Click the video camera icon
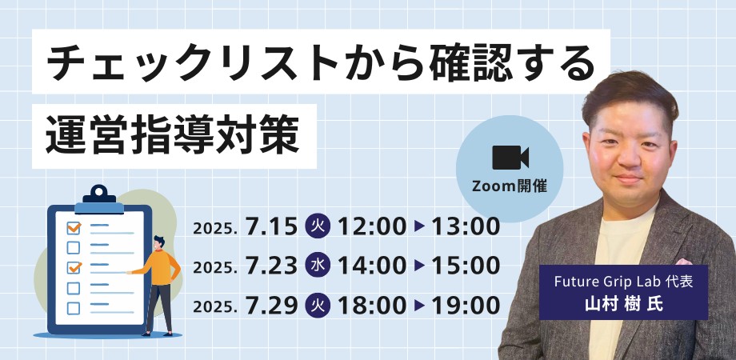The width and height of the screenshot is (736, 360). (x=510, y=158)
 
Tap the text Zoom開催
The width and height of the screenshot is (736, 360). (x=510, y=186)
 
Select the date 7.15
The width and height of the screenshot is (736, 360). (x=272, y=226)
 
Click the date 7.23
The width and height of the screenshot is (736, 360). (x=272, y=266)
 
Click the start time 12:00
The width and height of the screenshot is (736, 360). (x=372, y=226)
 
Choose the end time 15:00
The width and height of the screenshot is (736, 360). (x=466, y=266)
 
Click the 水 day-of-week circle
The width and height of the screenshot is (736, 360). (x=318, y=266)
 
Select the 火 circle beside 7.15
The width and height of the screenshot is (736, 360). (x=318, y=226)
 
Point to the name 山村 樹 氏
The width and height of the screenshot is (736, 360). (x=623, y=304)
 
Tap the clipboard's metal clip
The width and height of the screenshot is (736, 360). (x=99, y=199)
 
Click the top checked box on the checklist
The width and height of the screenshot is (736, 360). (x=74, y=228)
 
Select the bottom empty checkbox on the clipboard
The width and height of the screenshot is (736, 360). (x=74, y=308)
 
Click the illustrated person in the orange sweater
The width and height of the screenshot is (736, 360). (x=158, y=286)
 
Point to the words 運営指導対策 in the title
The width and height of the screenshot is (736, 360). (x=173, y=136)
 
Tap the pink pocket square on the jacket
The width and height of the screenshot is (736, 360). (x=683, y=262)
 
